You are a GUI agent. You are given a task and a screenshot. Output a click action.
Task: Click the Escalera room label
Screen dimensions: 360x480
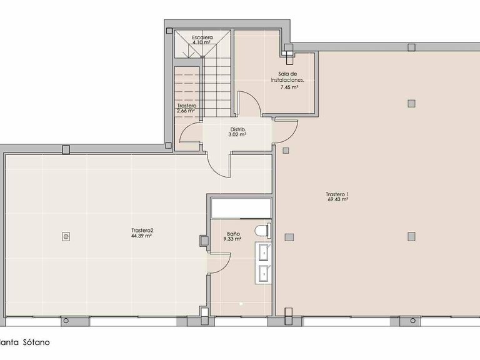(202, 37)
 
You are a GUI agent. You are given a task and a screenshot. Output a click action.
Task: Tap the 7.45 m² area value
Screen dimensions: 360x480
(289, 87)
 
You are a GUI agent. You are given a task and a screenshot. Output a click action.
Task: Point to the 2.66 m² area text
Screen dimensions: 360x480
(187, 112)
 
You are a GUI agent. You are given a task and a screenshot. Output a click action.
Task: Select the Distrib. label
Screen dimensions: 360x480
(237, 129)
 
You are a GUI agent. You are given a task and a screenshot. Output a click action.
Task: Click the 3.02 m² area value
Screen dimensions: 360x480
(237, 134)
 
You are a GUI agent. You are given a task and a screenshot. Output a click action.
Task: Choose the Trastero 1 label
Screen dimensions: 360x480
(337, 194)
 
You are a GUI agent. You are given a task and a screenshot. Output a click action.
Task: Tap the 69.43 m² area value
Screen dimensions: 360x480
(337, 199)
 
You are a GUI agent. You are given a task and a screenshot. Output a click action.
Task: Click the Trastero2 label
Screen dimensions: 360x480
(142, 230)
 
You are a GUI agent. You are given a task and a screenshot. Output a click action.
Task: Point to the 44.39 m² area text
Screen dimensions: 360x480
(142, 236)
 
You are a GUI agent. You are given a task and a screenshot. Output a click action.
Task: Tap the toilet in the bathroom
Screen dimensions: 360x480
(262, 231)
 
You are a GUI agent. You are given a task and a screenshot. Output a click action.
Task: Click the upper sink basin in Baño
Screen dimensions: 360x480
(263, 252)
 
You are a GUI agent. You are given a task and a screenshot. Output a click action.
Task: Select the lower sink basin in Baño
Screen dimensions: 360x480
(263, 272)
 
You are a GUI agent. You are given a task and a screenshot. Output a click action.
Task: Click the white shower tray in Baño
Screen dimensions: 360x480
(240, 207)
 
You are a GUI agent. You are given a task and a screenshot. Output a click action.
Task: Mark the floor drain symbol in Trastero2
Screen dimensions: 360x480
(66, 236)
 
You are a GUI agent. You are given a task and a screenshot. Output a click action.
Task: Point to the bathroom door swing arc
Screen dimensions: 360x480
(220, 258)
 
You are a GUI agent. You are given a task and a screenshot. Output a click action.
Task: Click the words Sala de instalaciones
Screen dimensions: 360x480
(288, 77)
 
